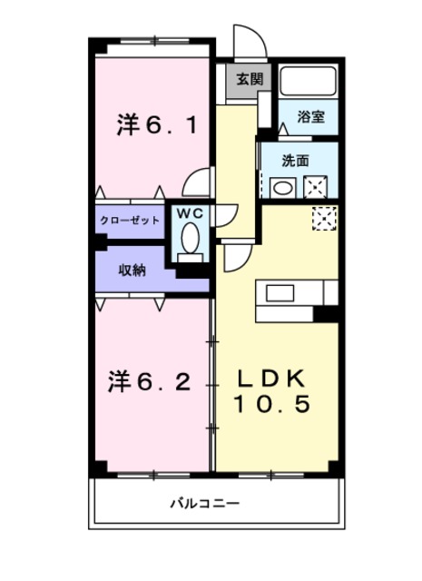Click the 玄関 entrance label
250,79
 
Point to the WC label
189,212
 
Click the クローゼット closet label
130,221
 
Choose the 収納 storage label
132,270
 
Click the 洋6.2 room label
155,382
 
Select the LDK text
273,378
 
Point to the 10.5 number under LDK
273,406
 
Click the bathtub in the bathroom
308,82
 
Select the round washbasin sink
283,188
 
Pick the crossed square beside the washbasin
316,187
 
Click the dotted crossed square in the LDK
324,217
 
